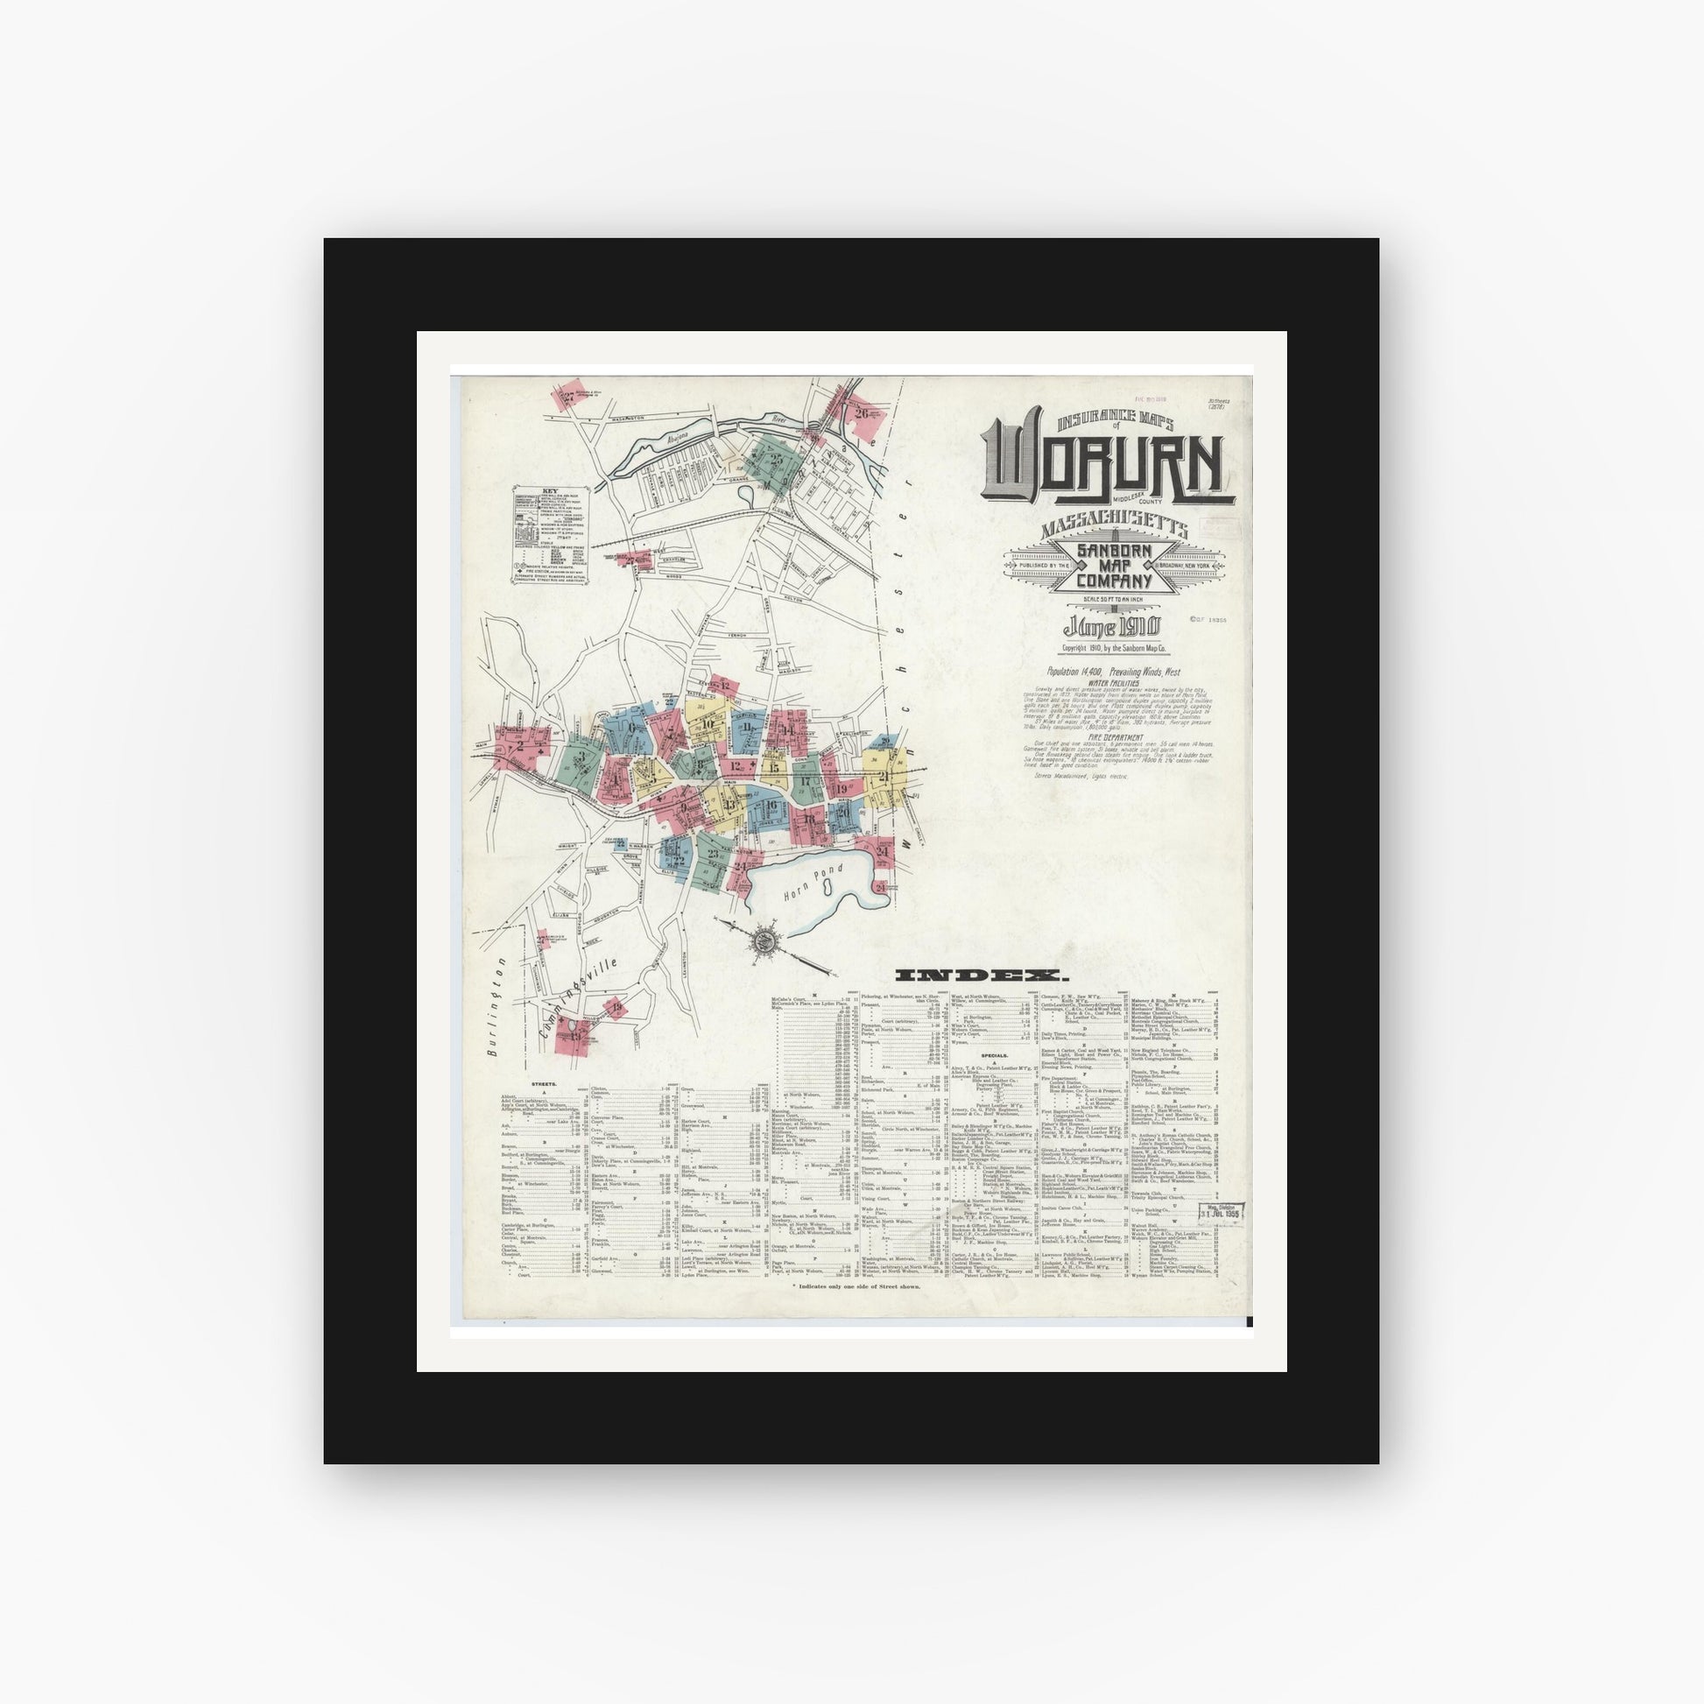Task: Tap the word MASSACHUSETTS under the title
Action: (x=1114, y=530)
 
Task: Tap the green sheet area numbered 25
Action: (x=773, y=460)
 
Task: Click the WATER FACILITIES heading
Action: (x=1114, y=683)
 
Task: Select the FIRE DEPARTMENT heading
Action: (x=1114, y=737)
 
